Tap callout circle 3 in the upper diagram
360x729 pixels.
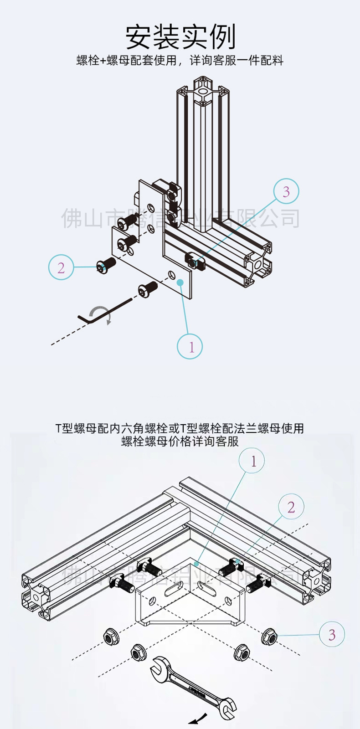(x=286, y=191)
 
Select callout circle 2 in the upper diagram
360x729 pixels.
(x=61, y=267)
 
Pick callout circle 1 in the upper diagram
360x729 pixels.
(x=190, y=346)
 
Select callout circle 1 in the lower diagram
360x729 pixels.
(x=252, y=461)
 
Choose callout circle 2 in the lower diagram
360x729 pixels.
(x=291, y=507)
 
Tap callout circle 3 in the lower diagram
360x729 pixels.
(x=332, y=634)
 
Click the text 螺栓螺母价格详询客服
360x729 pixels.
(x=180, y=441)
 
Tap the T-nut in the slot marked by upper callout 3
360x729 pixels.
(x=193, y=260)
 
